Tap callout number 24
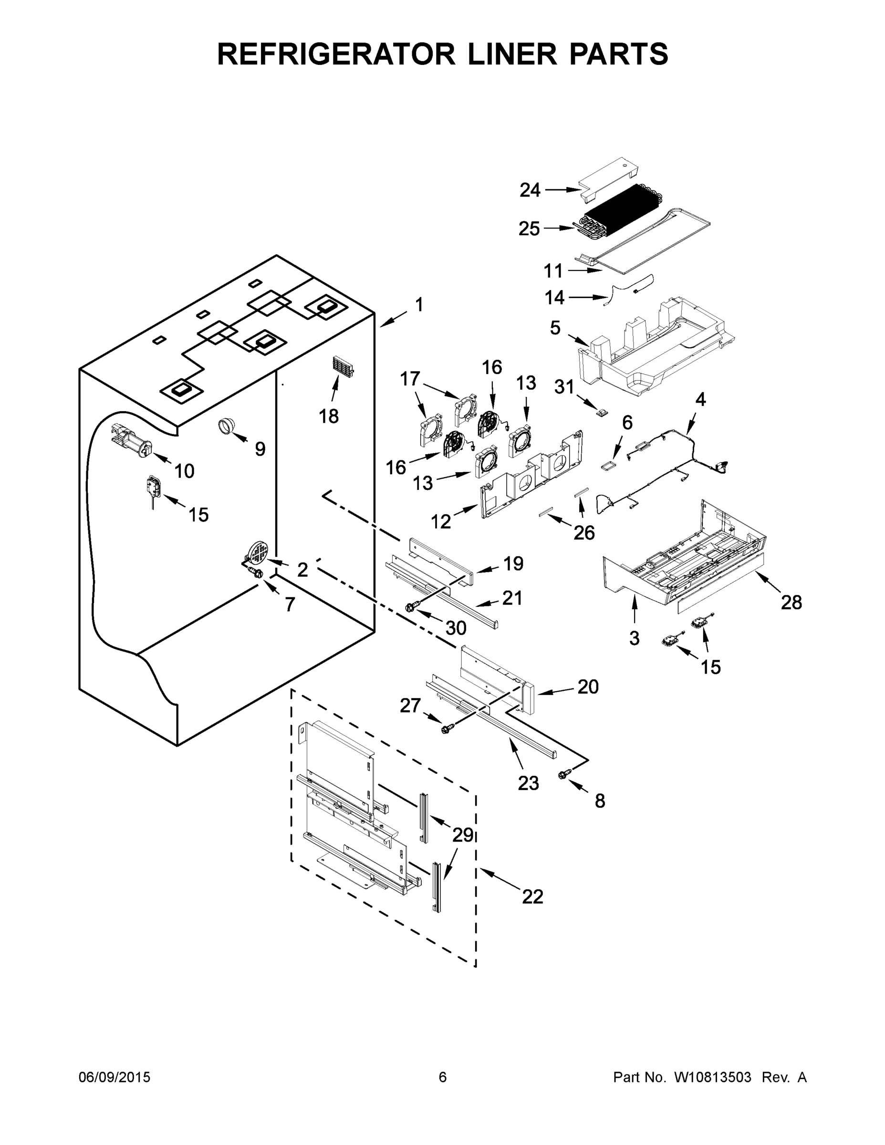point(530,190)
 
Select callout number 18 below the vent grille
point(329,416)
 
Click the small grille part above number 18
point(343,365)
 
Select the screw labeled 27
point(447,728)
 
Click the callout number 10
point(184,471)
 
